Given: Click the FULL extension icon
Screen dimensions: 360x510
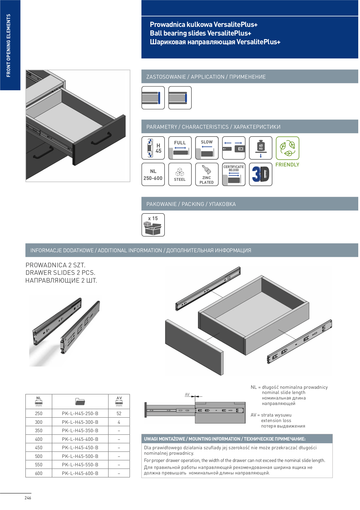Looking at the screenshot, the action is pos(180,148).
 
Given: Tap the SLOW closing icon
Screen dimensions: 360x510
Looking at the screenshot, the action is pos(207,148).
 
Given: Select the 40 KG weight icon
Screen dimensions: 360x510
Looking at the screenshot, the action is pos(261,148).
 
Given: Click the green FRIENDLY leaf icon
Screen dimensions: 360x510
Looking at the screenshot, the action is pos(288,148).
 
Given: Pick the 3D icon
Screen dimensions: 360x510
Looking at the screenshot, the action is pos(261,174).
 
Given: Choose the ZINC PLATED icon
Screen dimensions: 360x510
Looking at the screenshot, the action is pos(207,174).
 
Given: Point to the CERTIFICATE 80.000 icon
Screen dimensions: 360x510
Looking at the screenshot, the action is pos(234,174).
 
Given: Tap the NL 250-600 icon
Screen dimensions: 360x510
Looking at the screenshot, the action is pos(153,174).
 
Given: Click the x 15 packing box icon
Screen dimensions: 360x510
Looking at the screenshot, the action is pos(153,225).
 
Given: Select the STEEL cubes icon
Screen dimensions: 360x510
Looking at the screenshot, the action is pos(180,174).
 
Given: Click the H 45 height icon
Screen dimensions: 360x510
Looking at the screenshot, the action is pos(153,148).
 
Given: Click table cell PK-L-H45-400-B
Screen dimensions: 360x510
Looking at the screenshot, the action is pos(80,439).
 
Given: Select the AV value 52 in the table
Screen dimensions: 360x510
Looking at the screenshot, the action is pos(119,414).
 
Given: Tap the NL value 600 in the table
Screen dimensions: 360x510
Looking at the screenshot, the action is pos(39,474).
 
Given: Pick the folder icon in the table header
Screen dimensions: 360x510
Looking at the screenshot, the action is pos(80,402).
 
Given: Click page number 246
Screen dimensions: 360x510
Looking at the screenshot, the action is pos(28,498).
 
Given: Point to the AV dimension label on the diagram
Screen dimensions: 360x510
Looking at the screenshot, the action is pos(187,395).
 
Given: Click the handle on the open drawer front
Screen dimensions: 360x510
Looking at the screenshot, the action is pos(101,139).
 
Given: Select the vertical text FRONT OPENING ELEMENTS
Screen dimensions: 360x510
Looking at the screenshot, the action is pos(9,45).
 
